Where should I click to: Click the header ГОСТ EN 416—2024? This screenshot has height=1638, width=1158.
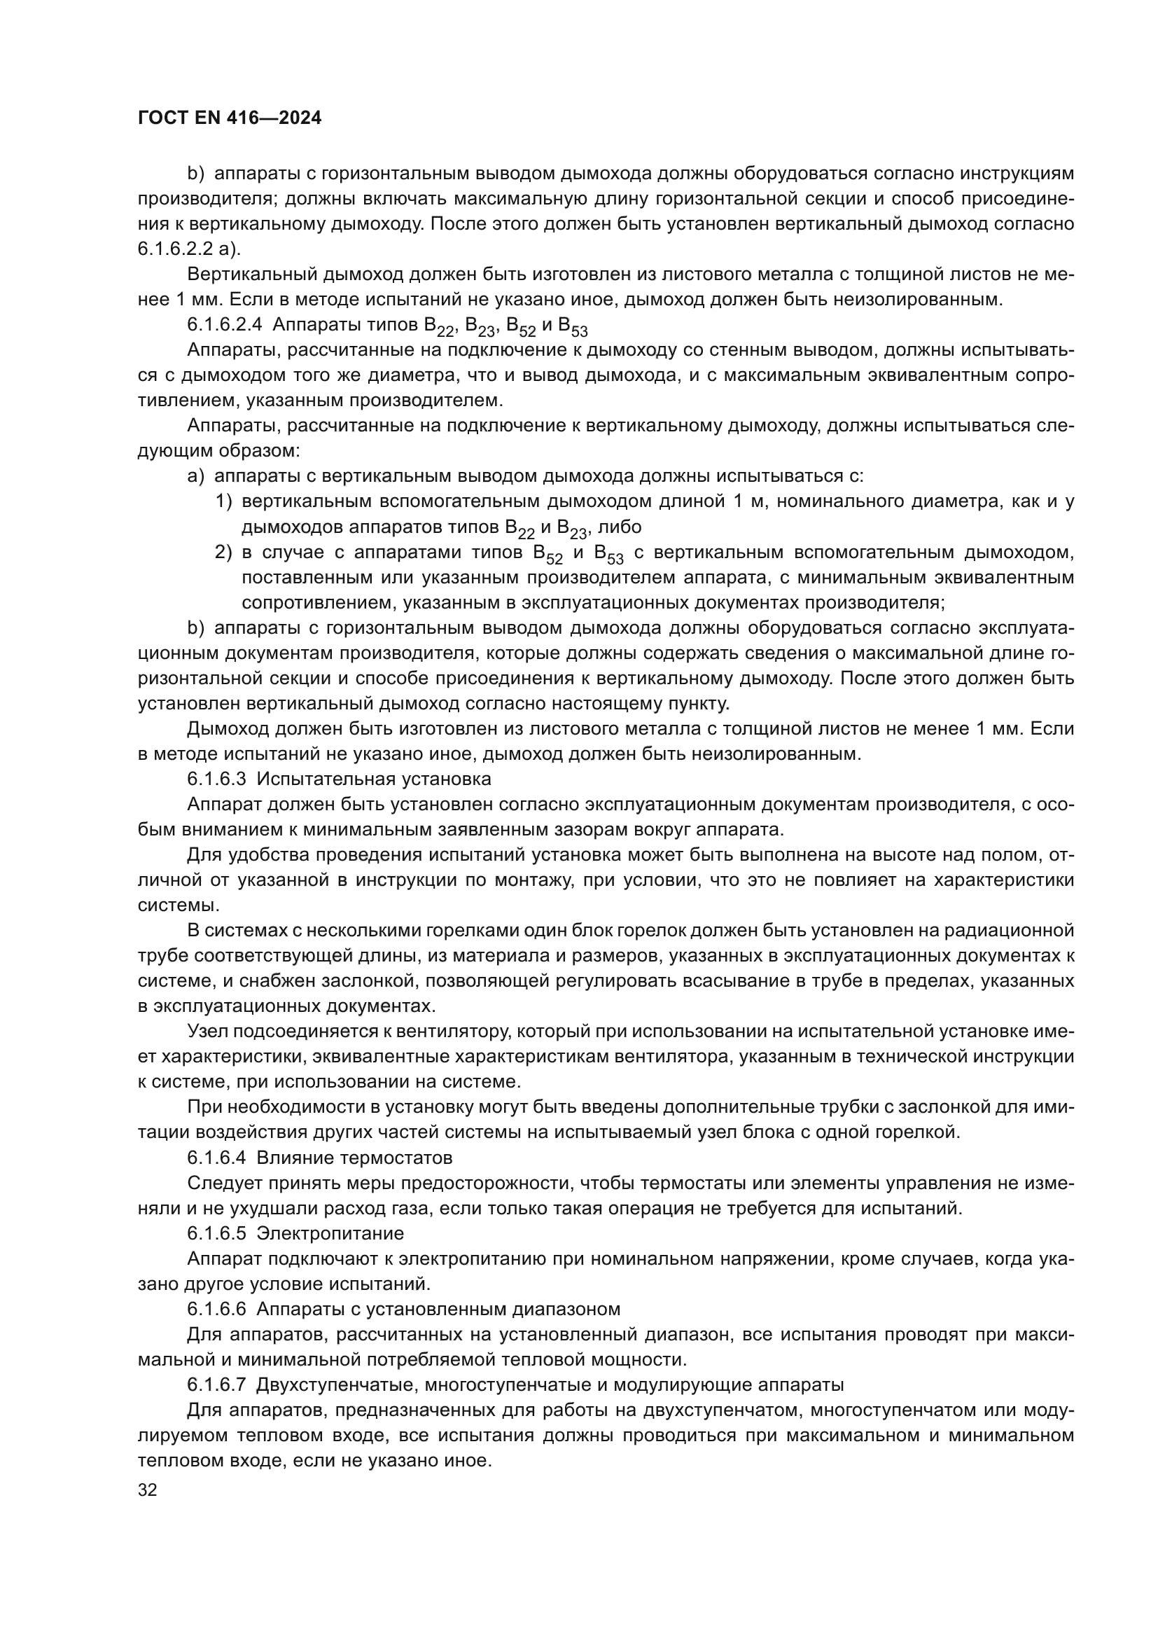click(229, 118)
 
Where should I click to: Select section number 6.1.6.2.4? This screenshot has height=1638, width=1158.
click(224, 325)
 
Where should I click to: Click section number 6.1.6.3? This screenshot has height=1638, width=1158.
click(217, 778)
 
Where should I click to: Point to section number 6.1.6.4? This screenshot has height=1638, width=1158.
click(217, 1156)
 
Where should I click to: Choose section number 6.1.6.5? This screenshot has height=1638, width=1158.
click(217, 1233)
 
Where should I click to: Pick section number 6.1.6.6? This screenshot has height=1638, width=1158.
click(217, 1308)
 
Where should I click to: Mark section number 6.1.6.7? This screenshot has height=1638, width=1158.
click(217, 1384)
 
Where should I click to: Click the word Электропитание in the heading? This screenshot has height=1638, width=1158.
click(330, 1233)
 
